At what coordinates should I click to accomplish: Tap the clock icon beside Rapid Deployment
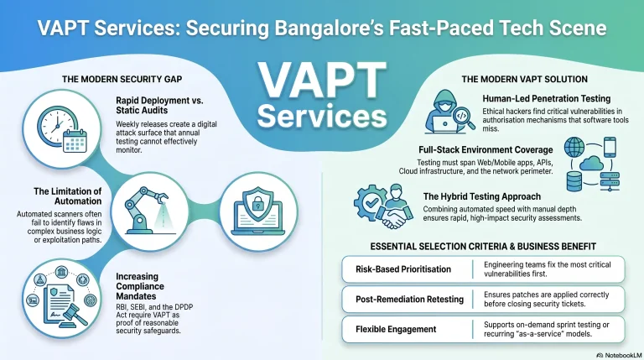[x=56, y=125]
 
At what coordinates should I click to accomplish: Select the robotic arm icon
[x=147, y=210]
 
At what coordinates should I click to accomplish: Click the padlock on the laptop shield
[x=257, y=204]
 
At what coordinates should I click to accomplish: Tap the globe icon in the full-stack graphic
[x=574, y=147]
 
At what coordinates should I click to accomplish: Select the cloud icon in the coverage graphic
[x=591, y=163]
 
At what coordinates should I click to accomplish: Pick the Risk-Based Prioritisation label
[x=403, y=269]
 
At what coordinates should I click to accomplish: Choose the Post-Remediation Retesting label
[x=409, y=300]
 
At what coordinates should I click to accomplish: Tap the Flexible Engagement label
[x=396, y=329]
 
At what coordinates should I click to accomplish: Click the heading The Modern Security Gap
[x=122, y=79]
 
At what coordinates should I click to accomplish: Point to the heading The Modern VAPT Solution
[x=524, y=79]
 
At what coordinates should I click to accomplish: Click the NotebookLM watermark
[x=619, y=355]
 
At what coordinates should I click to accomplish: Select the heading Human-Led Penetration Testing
[x=546, y=99]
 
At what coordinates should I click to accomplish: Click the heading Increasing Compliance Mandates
[x=140, y=286]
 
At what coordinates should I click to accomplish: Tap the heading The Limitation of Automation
[x=68, y=196]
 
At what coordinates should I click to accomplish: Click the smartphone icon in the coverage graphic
[x=610, y=147]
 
